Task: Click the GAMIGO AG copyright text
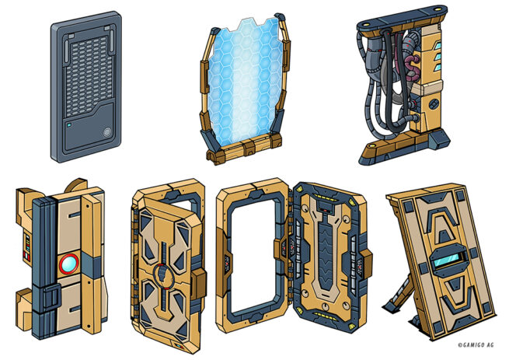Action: pyautogui.click(x=476, y=345)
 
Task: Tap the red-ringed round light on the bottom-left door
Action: pyautogui.click(x=69, y=264)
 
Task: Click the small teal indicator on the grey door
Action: pyautogui.click(x=69, y=124)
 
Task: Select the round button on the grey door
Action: pyautogui.click(x=106, y=132)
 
